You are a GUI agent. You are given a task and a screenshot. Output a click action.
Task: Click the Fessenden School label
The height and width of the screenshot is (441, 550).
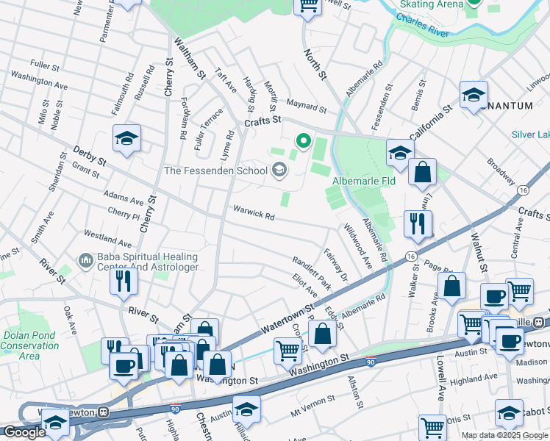(x=215, y=171)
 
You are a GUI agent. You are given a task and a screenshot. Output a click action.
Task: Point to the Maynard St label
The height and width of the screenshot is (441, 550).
(x=306, y=108)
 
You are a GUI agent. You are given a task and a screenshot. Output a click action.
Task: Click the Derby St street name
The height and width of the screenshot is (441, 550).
(x=89, y=155)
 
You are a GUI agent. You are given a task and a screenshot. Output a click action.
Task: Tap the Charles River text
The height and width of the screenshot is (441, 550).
(x=422, y=26)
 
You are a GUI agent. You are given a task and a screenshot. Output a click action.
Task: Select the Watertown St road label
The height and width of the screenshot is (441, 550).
(x=287, y=319)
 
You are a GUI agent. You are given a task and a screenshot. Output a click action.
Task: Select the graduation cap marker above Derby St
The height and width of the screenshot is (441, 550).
(x=126, y=137)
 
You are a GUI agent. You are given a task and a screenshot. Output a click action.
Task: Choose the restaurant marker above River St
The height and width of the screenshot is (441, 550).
(x=124, y=281)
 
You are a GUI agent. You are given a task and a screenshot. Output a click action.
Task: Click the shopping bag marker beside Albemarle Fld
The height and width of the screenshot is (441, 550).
(x=422, y=173)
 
